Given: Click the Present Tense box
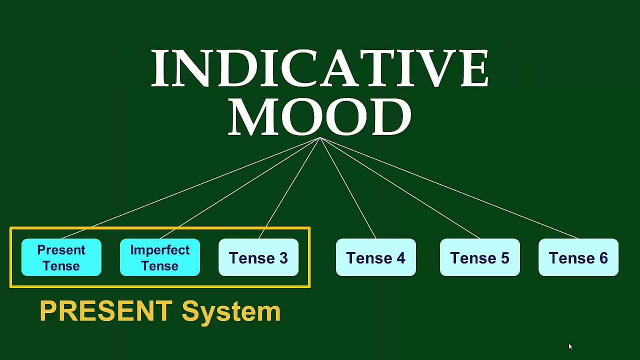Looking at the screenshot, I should [x=61, y=257].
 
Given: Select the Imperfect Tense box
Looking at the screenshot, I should [x=160, y=257].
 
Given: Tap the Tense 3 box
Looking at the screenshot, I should [x=258, y=257].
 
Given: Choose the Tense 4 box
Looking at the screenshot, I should [x=375, y=257].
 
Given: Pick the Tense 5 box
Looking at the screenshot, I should [x=479, y=257].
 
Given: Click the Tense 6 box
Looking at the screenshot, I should [x=578, y=257].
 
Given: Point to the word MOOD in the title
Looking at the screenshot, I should [x=320, y=116].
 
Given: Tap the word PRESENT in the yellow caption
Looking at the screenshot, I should [x=106, y=311].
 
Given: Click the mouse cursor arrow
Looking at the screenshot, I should [x=569, y=346].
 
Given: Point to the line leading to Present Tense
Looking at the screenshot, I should [x=190, y=188].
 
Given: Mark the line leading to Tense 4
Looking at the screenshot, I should [x=347, y=188].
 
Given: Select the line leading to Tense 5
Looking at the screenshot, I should [x=400, y=188].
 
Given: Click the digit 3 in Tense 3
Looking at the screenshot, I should [x=283, y=258].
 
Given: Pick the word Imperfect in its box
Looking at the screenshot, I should [x=160, y=250].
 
